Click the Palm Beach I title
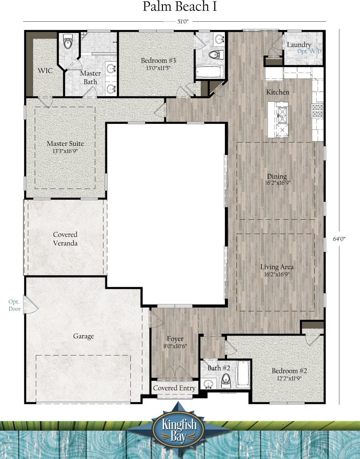(180, 7)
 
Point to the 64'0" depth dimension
(339, 239)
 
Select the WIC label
(45, 71)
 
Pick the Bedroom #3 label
(158, 60)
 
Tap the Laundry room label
(299, 45)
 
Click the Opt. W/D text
(310, 51)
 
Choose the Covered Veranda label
(65, 239)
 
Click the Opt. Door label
(14, 305)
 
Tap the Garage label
(83, 336)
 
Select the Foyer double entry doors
(175, 372)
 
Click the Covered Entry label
(174, 388)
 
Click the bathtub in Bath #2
(243, 375)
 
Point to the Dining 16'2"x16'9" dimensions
(277, 183)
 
